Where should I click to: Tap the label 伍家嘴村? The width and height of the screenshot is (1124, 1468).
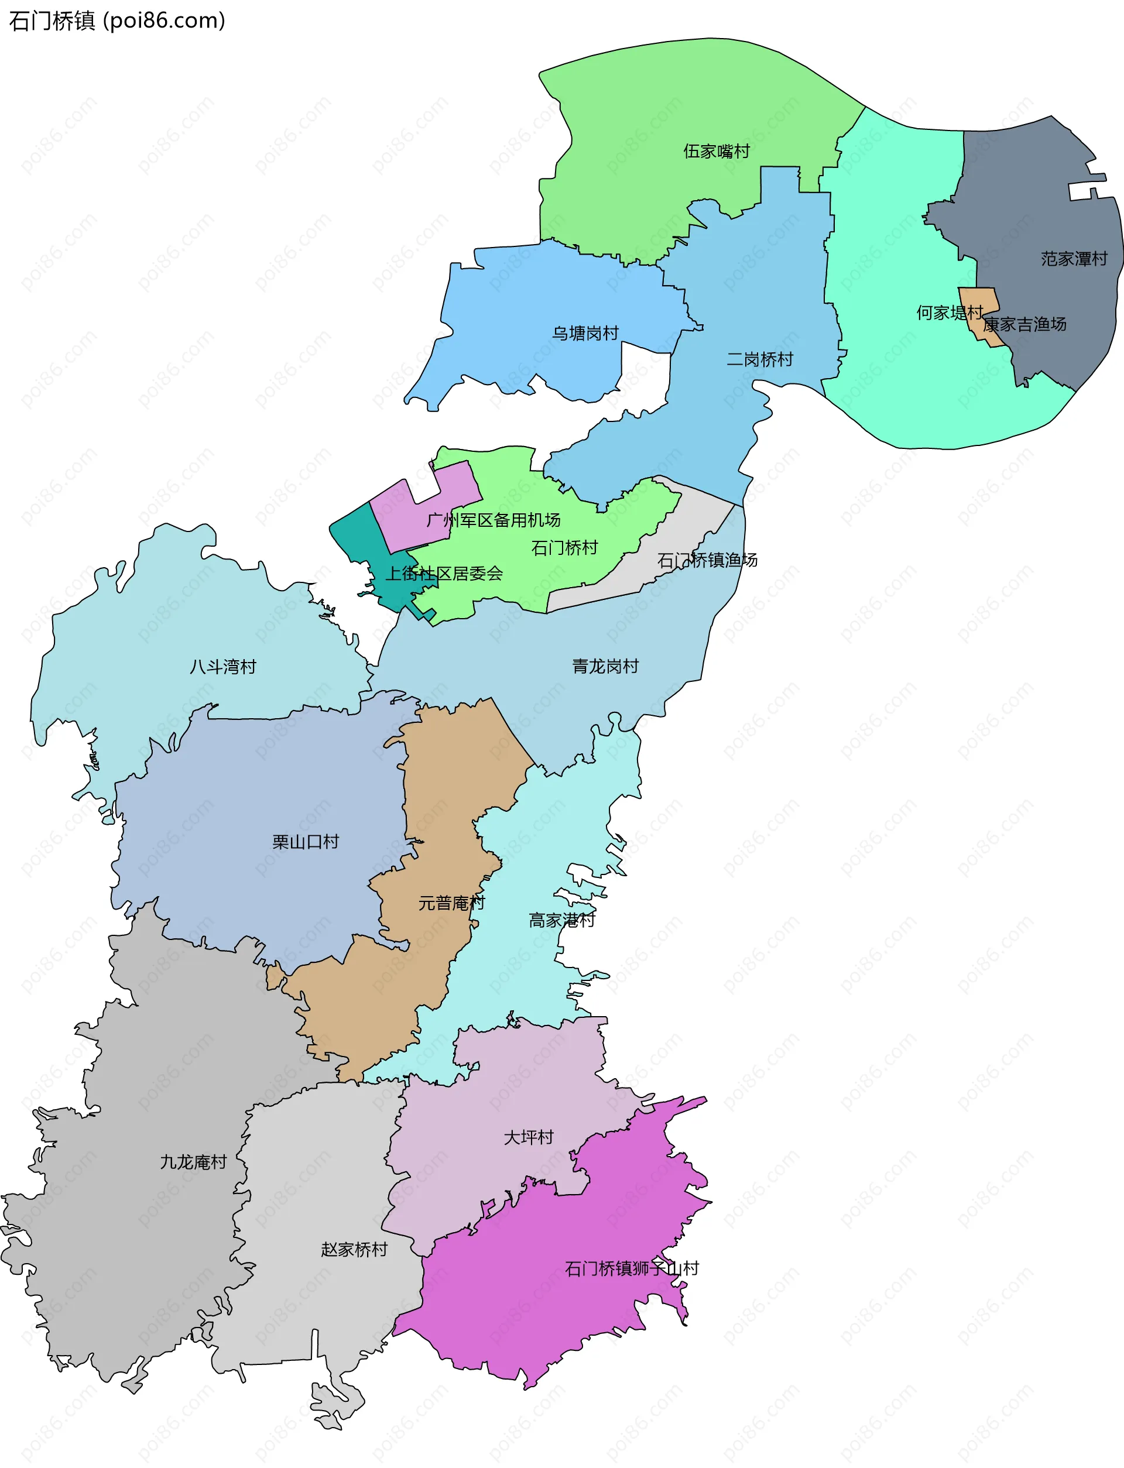717,151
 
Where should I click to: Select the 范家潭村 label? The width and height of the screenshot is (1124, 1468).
1074,259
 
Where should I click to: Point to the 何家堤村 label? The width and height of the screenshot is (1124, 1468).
950,313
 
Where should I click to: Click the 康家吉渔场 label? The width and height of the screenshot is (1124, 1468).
1024,324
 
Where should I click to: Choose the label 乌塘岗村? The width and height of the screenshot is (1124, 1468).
585,333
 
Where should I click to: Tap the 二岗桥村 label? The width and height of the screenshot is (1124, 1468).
760,360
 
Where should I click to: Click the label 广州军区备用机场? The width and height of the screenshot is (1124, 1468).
494,520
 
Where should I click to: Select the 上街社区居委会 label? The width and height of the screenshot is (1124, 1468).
444,573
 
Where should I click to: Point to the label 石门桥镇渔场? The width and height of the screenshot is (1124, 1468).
707,560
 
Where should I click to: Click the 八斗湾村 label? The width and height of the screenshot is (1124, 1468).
223,667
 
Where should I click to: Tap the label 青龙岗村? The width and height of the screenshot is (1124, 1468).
605,666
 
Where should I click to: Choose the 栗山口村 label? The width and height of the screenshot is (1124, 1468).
306,842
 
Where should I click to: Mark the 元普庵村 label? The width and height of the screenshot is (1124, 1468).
451,904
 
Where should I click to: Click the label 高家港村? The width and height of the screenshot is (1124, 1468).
562,920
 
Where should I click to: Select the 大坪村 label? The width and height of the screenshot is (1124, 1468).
529,1137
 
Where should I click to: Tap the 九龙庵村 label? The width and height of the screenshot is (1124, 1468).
193,1162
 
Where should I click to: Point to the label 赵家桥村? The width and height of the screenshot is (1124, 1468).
354,1249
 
